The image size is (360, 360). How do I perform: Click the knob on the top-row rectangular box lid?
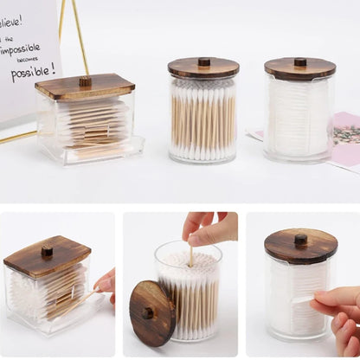pyautogui.click(x=85, y=81)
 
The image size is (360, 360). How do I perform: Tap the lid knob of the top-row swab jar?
pyautogui.click(x=204, y=61)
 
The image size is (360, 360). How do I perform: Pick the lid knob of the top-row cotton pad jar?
pyautogui.click(x=299, y=62)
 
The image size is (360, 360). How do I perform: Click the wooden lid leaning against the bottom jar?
pyautogui.click(x=152, y=312)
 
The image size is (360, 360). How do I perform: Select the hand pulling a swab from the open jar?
pyautogui.click(x=209, y=229)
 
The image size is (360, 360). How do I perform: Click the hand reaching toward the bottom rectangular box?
pyautogui.click(x=106, y=281)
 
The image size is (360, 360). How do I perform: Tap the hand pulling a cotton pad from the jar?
pyautogui.click(x=338, y=312)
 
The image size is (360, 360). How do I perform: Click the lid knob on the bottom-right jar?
pyautogui.click(x=301, y=239)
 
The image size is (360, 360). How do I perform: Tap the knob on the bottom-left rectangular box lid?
pyautogui.click(x=47, y=251)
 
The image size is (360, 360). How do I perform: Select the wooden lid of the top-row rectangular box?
pyautogui.click(x=85, y=87)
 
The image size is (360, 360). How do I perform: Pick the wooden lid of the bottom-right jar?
pyautogui.click(x=301, y=247)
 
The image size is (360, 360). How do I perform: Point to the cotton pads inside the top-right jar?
pyautogui.click(x=299, y=117)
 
